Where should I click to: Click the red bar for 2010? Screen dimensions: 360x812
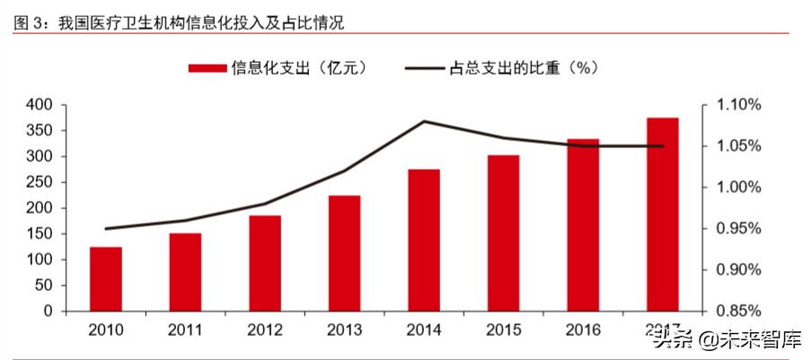click(x=106, y=278)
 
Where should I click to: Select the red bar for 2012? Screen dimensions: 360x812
click(x=264, y=263)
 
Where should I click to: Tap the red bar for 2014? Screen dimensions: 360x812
click(x=424, y=240)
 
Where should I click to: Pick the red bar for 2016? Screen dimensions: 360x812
click(x=583, y=224)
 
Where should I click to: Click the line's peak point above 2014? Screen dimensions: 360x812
click(x=424, y=121)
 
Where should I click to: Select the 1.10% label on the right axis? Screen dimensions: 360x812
click(x=737, y=105)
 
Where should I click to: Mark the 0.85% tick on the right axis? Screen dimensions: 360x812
click(x=737, y=312)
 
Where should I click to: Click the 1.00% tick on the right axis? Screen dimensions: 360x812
click(x=737, y=188)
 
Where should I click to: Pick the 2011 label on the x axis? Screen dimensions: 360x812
click(x=185, y=329)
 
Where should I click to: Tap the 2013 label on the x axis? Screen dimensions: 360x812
click(x=344, y=329)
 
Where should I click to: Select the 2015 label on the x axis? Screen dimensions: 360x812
click(x=503, y=329)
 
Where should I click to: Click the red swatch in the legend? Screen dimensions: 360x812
click(x=206, y=68)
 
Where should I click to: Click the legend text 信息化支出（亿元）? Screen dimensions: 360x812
click(x=300, y=68)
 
